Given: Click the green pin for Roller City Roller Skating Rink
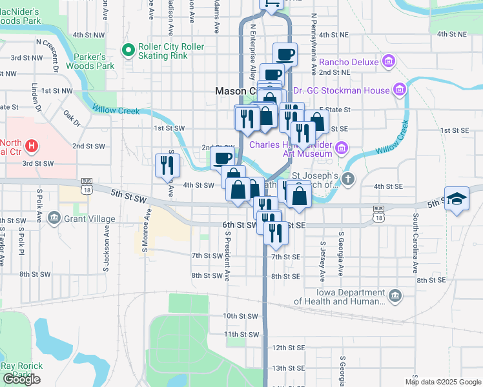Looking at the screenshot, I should (x=128, y=48).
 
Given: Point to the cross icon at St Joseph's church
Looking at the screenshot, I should (x=348, y=179).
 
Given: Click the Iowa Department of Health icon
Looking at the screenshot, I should (x=395, y=296).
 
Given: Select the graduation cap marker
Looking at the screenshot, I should (x=457, y=199).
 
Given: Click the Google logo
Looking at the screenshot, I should (x=21, y=379).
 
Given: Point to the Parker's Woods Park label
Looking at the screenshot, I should (x=94, y=61).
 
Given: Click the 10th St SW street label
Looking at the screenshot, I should (x=240, y=316).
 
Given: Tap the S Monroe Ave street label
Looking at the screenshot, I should (x=145, y=230).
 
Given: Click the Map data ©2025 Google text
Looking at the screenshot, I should (x=442, y=382).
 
